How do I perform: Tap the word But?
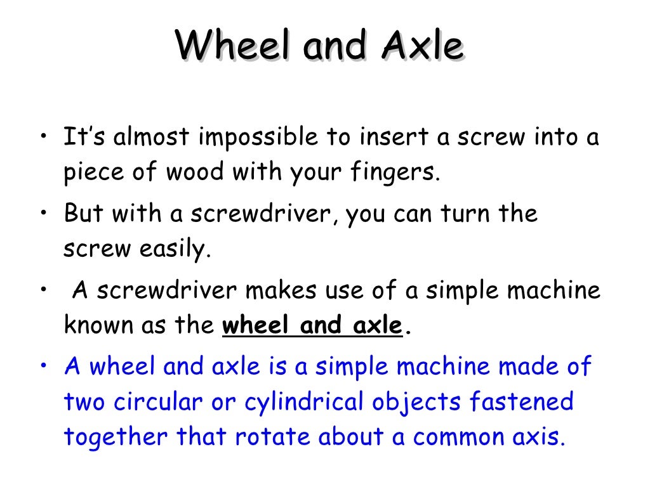[x=84, y=214]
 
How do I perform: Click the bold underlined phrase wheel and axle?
[x=312, y=326]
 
